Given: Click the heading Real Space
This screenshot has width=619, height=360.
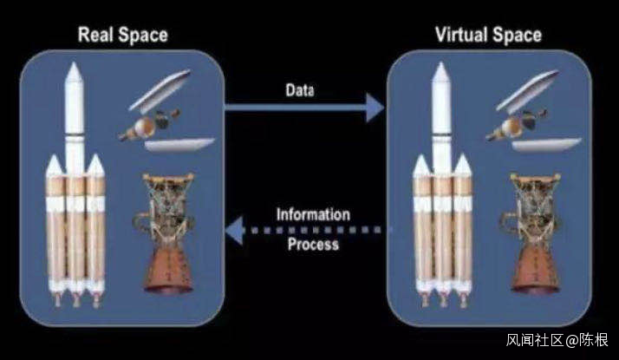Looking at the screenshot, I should point(122,36).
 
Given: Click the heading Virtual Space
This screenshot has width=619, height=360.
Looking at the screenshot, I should point(488,36).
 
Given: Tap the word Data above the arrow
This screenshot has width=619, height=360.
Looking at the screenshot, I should point(300,89).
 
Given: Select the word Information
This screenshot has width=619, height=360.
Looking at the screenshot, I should point(313,213).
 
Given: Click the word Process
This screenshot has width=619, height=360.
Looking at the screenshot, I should point(313,244).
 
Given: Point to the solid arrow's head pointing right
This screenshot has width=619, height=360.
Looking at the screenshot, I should point(374,108).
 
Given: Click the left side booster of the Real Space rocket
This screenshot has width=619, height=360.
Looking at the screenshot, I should point(54,226).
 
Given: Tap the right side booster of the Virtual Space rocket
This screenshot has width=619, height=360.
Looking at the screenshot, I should point(463,226).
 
